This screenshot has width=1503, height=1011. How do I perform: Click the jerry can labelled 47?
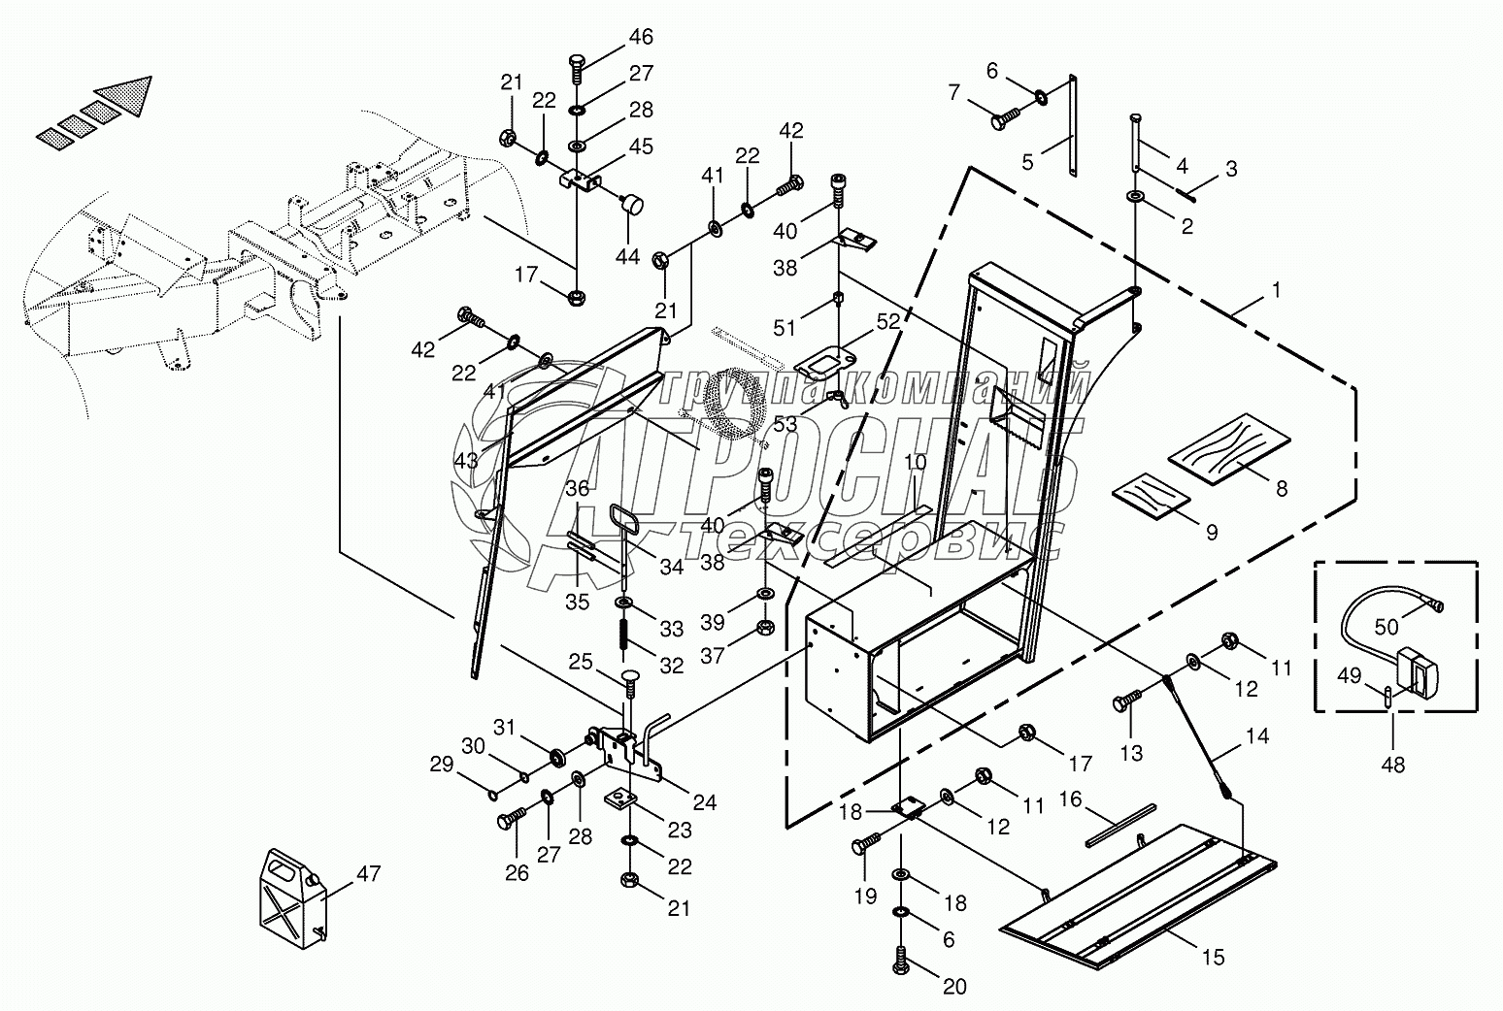[x=291, y=897]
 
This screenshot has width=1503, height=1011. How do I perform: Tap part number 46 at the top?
[x=640, y=37]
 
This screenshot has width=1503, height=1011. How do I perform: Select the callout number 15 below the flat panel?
[x=1213, y=958]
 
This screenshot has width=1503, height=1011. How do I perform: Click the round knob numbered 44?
[x=633, y=204]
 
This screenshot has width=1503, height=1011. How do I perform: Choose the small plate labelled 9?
[x=1151, y=501]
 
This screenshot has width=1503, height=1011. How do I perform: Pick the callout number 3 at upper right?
[x=1231, y=169]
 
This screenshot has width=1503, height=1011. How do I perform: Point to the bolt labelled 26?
[x=509, y=822]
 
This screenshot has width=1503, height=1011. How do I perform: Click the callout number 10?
[x=915, y=461]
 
